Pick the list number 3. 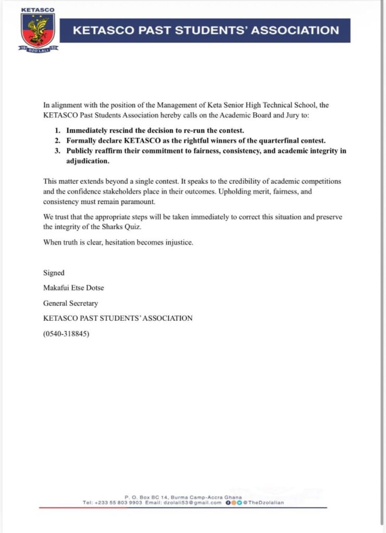57,151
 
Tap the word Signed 54,273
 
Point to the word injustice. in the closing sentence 178,242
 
